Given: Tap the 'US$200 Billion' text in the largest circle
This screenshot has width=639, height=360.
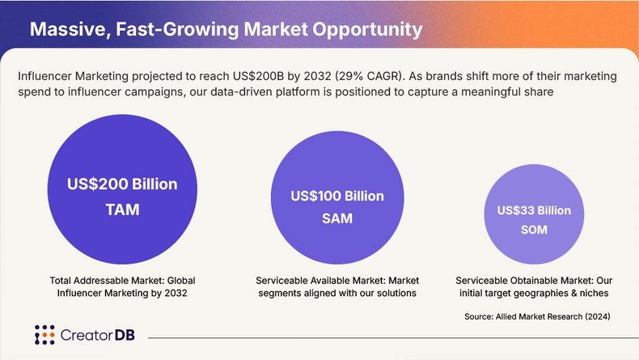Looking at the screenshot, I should [x=122, y=184].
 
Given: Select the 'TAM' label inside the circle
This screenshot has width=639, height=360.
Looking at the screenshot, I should [x=122, y=210].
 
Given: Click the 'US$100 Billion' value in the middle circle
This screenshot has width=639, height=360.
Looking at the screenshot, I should [x=337, y=197].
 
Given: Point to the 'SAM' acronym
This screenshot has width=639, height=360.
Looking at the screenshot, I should [x=337, y=218].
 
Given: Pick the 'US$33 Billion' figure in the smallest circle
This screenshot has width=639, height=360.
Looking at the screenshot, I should [x=534, y=210].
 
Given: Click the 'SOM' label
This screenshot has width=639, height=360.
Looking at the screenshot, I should [x=534, y=230].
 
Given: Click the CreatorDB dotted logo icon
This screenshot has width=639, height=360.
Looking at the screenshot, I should [x=44, y=335].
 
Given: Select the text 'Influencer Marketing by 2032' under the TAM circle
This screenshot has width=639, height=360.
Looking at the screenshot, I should [x=122, y=293].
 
